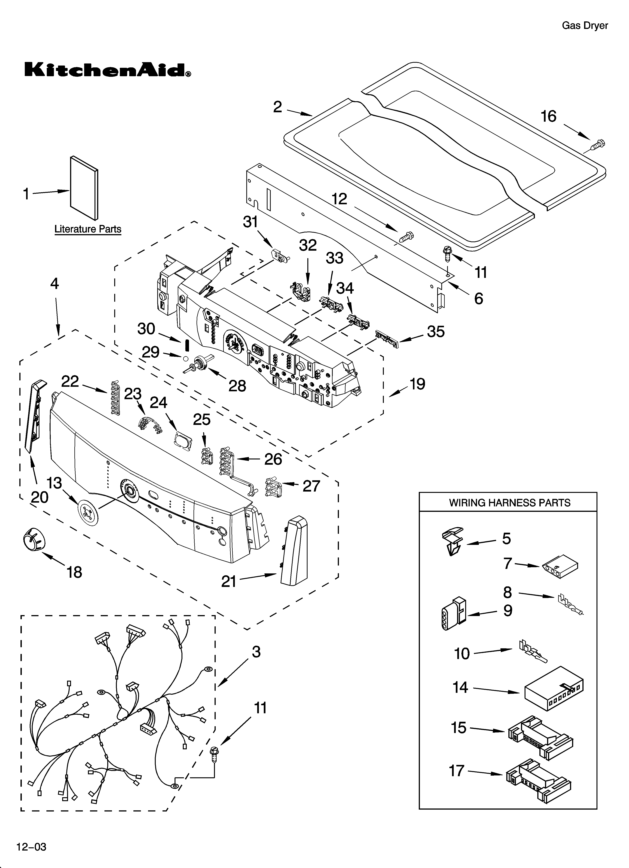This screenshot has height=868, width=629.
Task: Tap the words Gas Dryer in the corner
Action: [x=584, y=26]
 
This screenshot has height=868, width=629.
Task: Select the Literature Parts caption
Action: [x=88, y=229]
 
